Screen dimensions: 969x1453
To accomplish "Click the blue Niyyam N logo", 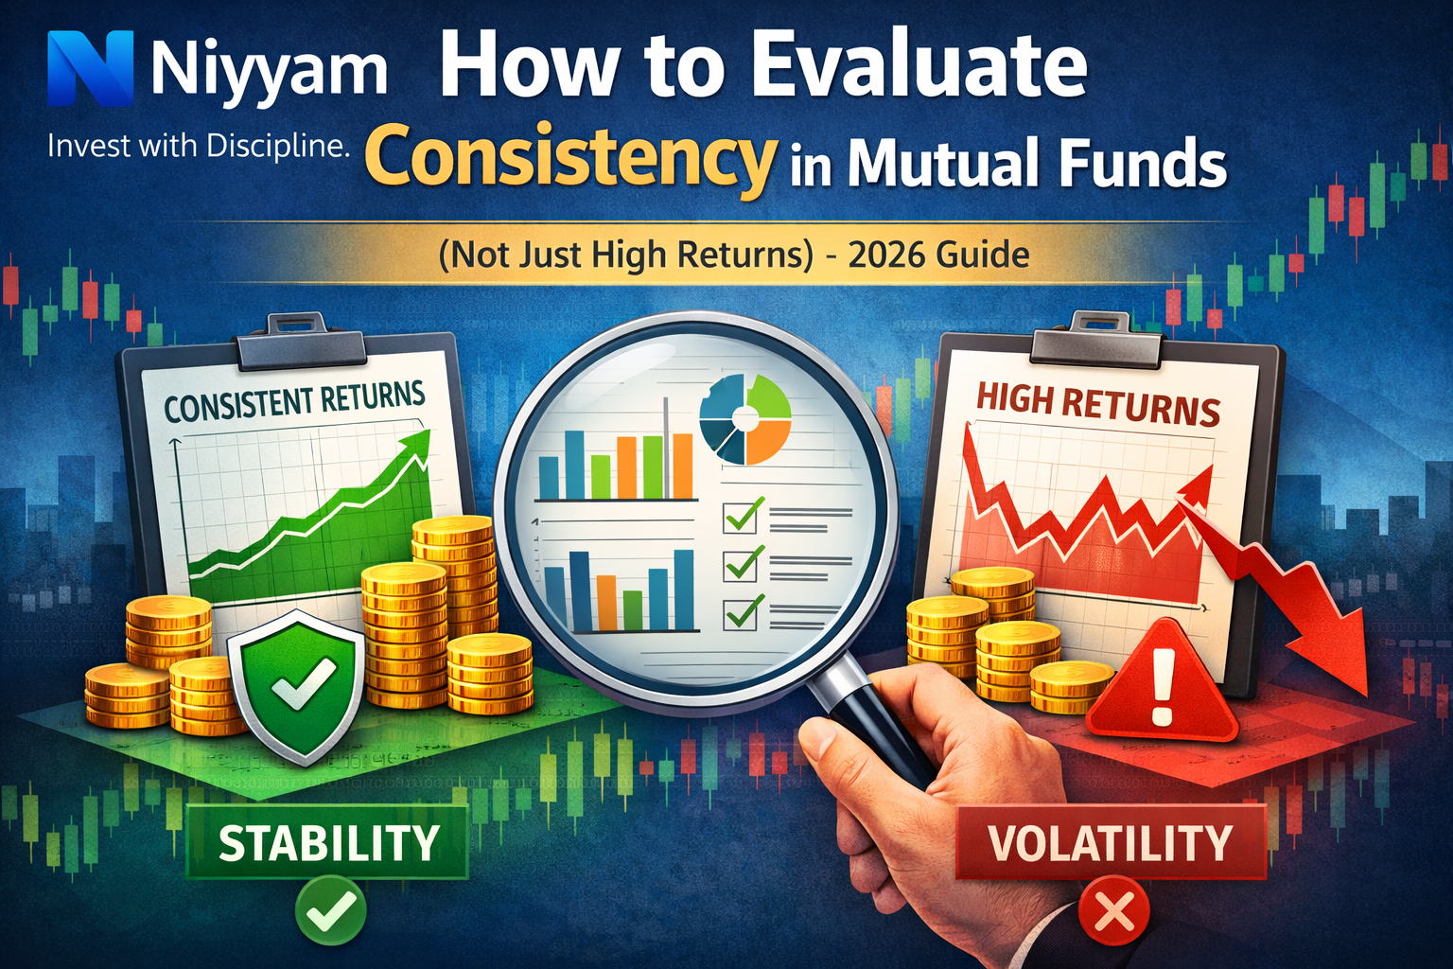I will pos(90,68).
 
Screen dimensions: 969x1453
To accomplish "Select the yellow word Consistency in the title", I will pos(570,161).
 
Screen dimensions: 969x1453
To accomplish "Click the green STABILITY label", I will pos(328,843).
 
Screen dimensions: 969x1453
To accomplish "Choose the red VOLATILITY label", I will pos(1111,843).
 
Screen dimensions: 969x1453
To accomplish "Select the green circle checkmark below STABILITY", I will pos(330,911).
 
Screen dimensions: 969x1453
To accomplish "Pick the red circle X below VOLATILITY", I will pos(1114,913).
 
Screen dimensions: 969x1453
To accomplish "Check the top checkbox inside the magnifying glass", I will pos(740,517).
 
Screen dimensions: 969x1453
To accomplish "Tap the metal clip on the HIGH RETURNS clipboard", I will pos(1097,343).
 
